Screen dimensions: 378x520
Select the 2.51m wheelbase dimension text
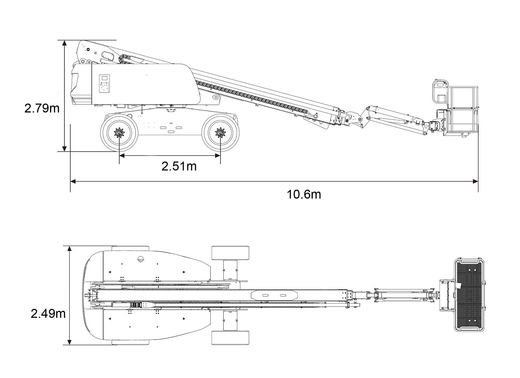pyautogui.click(x=179, y=166)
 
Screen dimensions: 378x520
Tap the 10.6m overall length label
pyautogui.click(x=304, y=194)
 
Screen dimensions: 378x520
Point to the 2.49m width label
pyautogui.click(x=48, y=313)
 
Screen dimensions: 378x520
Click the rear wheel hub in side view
pyautogui.click(x=120, y=133)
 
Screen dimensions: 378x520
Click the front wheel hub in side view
pyautogui.click(x=220, y=133)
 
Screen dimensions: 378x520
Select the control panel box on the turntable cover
pyautogui.click(x=105, y=84)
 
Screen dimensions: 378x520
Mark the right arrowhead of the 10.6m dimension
pyautogui.click(x=476, y=181)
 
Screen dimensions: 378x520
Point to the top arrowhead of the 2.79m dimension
pyautogui.click(x=64, y=43)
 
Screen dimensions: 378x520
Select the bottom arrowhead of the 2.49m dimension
pyautogui.click(x=70, y=342)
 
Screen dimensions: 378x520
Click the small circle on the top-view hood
pyautogui.click(x=141, y=259)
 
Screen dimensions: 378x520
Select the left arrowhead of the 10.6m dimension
pyautogui.click(x=73, y=181)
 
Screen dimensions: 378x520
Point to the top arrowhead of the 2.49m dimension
pyautogui.click(x=70, y=249)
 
